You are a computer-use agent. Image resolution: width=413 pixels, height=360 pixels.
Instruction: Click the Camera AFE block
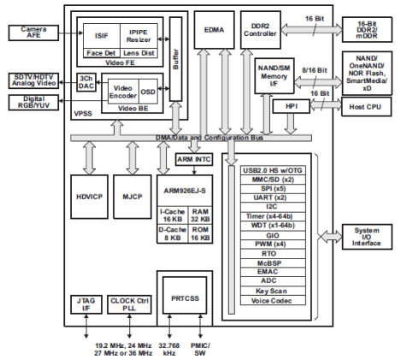[x=33, y=32]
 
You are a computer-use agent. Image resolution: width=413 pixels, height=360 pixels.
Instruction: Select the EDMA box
[x=215, y=30]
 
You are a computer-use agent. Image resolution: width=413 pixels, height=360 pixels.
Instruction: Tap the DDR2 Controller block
[x=261, y=30]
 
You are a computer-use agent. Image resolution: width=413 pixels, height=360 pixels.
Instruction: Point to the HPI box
[x=292, y=106]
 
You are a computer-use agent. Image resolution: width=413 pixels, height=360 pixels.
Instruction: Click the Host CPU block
[x=366, y=107]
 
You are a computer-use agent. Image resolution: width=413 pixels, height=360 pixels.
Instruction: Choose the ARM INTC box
[x=194, y=159]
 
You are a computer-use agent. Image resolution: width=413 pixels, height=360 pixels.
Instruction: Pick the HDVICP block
[x=89, y=197]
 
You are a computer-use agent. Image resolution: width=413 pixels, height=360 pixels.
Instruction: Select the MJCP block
[x=133, y=197]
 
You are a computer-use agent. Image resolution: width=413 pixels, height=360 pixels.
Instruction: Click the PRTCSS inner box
[x=185, y=298]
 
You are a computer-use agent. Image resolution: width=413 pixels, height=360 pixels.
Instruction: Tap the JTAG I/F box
[x=86, y=304]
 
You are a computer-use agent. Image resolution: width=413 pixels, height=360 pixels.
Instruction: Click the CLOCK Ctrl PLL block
[x=129, y=304]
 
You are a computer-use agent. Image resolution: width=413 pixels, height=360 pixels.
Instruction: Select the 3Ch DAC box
[x=86, y=82]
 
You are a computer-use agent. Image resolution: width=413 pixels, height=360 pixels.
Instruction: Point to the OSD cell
[x=148, y=91]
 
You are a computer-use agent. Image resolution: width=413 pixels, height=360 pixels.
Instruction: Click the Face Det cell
[x=102, y=53]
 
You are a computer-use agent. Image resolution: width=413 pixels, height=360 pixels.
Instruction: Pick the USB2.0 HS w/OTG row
[x=273, y=170]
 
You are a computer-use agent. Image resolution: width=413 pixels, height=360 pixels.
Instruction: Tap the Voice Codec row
[x=273, y=301]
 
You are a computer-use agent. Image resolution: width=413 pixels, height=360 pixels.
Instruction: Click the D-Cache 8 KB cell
[x=173, y=233]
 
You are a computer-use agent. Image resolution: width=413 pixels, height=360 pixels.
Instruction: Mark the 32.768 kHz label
[x=169, y=350]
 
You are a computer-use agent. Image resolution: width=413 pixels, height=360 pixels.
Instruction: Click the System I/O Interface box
[x=367, y=237]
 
